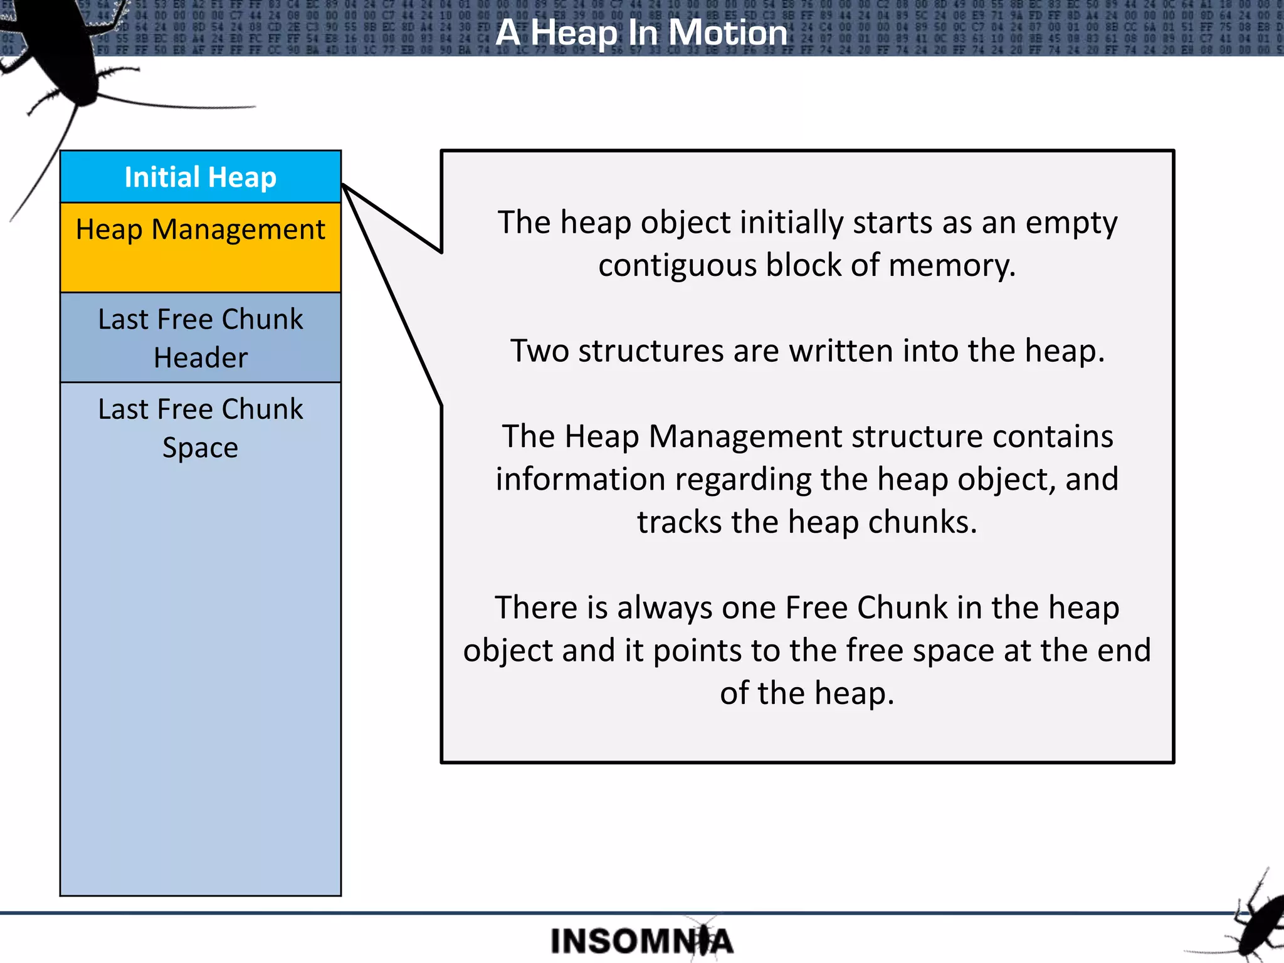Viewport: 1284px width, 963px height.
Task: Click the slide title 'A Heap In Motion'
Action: click(x=641, y=33)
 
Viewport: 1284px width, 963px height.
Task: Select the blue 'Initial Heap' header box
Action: click(x=201, y=177)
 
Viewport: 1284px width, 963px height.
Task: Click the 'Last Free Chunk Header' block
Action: click(x=201, y=338)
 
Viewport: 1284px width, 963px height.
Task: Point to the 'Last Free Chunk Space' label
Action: click(x=201, y=428)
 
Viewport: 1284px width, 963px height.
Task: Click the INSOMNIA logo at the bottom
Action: click(x=641, y=941)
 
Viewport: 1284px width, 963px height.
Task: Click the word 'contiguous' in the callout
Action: click(x=678, y=265)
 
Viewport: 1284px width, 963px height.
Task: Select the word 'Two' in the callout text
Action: click(x=539, y=350)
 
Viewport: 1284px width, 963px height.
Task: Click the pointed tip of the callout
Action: click(x=344, y=186)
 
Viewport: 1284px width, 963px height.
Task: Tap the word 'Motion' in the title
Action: click(x=727, y=33)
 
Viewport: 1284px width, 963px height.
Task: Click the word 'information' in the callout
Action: click(x=580, y=479)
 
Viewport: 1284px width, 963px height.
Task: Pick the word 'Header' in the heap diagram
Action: click(x=201, y=358)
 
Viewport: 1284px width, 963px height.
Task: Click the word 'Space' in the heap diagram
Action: click(x=201, y=448)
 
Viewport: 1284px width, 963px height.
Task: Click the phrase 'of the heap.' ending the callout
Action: click(x=807, y=693)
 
